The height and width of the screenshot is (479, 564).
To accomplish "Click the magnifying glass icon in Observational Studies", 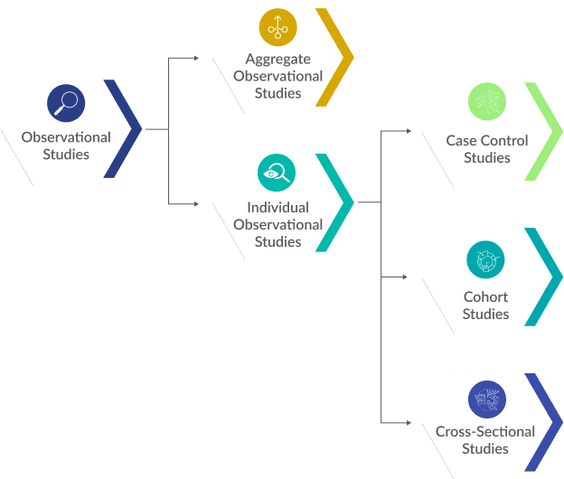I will click(66, 103).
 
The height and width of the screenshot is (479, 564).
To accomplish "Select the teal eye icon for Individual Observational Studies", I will click(277, 172).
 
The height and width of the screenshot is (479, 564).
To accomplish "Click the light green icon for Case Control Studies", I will click(487, 102).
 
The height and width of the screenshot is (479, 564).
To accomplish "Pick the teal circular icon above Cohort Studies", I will click(485, 259).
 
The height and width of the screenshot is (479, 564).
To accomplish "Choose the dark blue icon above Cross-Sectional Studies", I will click(486, 399).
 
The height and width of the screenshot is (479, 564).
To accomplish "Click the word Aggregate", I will click(277, 59).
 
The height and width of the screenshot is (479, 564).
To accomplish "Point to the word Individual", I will click(277, 207).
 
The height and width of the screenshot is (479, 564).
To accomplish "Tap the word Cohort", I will click(485, 296).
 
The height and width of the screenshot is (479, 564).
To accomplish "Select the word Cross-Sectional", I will click(485, 431).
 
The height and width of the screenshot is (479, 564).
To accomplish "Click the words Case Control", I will click(487, 140).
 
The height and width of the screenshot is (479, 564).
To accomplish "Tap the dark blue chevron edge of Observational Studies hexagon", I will click(131, 128).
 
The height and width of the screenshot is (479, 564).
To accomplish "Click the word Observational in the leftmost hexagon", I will click(66, 137).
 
